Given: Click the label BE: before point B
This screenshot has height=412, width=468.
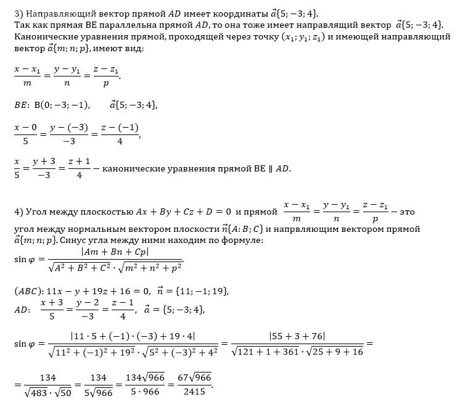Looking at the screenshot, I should [22, 104].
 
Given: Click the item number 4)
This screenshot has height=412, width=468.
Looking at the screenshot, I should [18, 212].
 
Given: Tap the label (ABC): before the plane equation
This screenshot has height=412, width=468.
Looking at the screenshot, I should [27, 291].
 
